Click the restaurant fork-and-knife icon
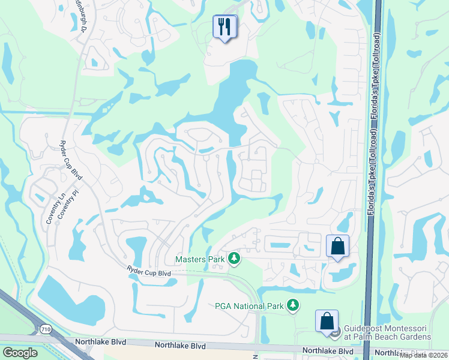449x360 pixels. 225,27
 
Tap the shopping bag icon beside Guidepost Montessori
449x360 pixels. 327,321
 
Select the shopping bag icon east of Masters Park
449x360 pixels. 337,246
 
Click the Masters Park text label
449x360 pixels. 200,259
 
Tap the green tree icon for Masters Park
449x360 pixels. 234,259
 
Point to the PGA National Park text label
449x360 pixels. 249,306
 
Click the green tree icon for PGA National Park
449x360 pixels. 293,306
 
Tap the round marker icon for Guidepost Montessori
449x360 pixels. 335,330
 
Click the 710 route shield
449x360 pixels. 44,329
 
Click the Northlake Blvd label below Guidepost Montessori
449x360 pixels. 327,350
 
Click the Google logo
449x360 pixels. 19,353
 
